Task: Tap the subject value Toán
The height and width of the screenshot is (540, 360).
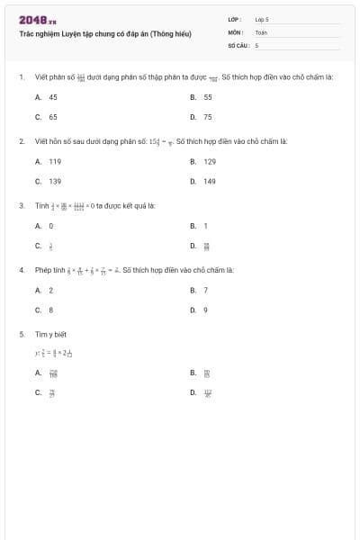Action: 261,31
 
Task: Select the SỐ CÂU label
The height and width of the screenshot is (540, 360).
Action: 237,44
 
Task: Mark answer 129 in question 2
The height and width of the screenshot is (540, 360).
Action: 210,161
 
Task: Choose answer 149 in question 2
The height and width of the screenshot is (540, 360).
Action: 210,182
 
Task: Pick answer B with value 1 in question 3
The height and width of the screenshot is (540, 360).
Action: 206,226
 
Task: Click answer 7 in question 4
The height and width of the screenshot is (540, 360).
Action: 206,290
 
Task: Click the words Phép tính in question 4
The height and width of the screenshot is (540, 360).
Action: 48,269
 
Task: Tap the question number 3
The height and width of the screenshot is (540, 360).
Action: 21,205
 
